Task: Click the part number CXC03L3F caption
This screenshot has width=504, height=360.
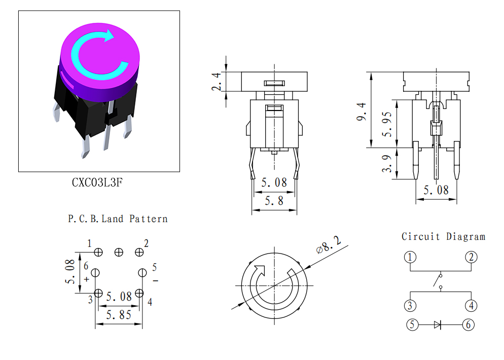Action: [97, 183]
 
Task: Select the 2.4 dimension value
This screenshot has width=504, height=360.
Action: [217, 82]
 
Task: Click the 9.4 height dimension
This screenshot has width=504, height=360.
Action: [362, 112]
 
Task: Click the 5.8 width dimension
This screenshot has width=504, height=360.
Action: [274, 201]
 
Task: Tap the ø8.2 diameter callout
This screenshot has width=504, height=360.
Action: [329, 245]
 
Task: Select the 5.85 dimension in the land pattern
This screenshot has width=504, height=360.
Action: [119, 315]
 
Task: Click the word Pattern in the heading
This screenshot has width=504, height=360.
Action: [149, 219]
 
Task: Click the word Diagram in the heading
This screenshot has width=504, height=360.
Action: [466, 237]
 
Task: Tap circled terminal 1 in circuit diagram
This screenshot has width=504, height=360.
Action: [410, 257]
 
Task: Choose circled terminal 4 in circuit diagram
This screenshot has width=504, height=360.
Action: [471, 305]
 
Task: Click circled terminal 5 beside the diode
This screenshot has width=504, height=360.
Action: [412, 325]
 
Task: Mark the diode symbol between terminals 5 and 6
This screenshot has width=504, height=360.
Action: [438, 325]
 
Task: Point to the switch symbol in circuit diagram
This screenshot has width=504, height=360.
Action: [438, 281]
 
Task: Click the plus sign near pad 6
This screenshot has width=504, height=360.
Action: [87, 279]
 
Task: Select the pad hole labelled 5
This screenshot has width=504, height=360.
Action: [142, 273]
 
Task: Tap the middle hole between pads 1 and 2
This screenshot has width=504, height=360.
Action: [119, 253]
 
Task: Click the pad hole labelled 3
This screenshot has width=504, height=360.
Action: [98, 293]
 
